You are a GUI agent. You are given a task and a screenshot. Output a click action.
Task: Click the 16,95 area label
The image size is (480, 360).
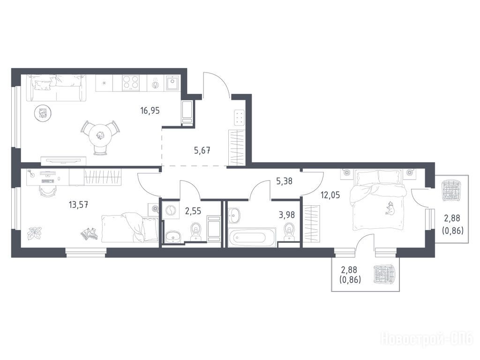(x=150, y=110)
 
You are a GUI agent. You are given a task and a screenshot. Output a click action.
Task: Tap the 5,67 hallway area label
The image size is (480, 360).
(x=202, y=150)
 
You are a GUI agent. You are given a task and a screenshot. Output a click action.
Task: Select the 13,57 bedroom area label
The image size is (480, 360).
(x=79, y=204)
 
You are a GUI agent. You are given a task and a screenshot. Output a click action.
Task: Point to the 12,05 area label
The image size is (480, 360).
(x=330, y=195)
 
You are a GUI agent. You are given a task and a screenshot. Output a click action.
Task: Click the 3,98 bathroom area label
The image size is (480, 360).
(x=287, y=215)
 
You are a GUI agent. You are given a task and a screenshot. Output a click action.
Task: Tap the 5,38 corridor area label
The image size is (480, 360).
(x=285, y=181)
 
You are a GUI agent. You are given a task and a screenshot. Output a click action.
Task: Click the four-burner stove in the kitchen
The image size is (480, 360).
(x=131, y=83)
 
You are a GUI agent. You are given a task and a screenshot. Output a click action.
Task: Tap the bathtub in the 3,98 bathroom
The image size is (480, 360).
(x=252, y=237)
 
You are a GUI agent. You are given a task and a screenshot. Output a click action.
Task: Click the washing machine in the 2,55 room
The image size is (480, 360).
(x=170, y=211)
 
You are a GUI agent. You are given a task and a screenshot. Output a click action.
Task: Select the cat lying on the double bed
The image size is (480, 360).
(x=390, y=208)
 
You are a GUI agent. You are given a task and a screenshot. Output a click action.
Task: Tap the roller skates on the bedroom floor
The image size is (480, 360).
(x=89, y=233)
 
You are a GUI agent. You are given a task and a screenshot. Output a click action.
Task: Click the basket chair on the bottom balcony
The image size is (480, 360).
(x=384, y=274)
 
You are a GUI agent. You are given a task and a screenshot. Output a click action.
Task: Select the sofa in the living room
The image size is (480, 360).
(x=56, y=88)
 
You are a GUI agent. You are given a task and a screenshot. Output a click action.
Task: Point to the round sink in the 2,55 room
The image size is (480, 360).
(x=173, y=236)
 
